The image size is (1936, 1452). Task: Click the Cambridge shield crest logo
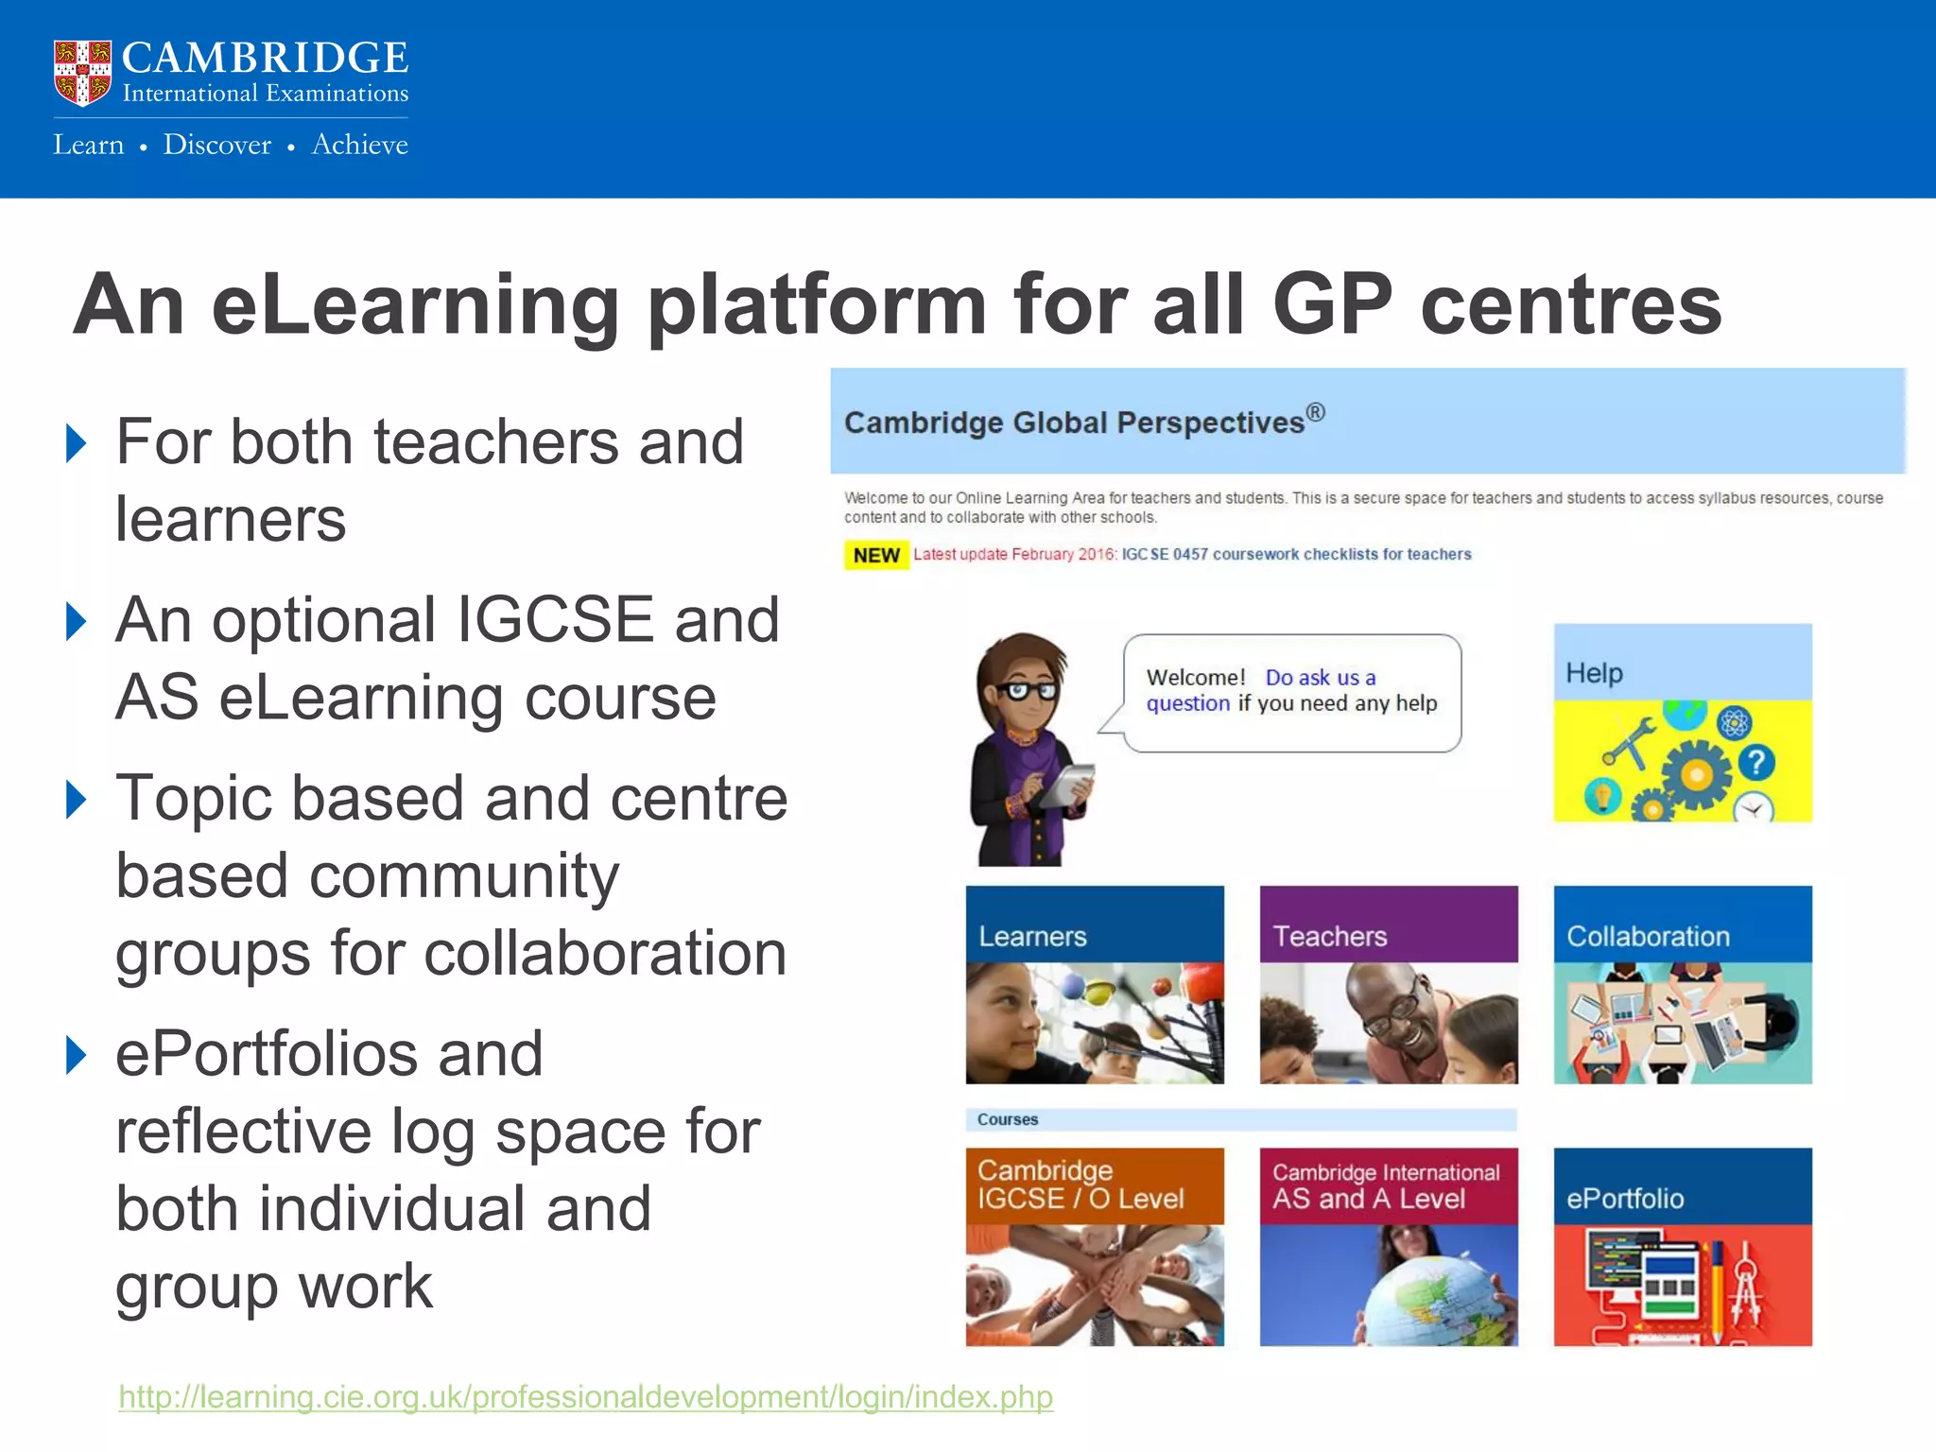[82, 73]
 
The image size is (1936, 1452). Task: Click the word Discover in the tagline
[216, 145]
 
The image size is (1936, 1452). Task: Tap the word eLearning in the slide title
[415, 304]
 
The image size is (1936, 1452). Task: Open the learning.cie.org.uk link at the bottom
[585, 1396]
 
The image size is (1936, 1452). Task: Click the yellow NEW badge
[875, 555]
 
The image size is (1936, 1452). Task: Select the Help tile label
[1594, 673]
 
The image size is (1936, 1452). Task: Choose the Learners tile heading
[1032, 936]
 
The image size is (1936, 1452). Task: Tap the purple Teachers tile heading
[1329, 936]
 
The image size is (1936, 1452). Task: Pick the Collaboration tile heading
[1648, 936]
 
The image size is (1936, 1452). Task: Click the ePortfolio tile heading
[1625, 1199]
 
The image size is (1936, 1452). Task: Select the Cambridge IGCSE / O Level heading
[1080, 1184]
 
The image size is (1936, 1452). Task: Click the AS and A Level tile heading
[1369, 1199]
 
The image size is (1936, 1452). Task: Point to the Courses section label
[1008, 1119]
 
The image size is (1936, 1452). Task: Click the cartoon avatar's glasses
[1029, 690]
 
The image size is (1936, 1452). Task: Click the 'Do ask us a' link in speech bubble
[1321, 678]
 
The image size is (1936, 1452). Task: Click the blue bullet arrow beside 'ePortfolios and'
[77, 1054]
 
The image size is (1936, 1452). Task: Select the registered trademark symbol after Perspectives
[1316, 412]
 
